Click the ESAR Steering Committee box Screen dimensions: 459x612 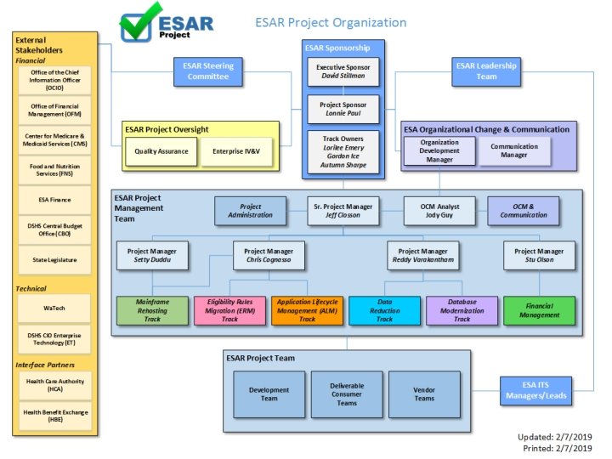(209, 71)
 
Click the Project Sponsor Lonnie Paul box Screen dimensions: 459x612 (343, 110)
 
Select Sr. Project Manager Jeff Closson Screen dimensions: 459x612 (343, 210)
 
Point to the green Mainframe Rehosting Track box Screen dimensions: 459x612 (152, 310)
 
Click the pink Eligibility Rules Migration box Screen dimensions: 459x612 (229, 310)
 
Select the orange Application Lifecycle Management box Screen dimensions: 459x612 (307, 310)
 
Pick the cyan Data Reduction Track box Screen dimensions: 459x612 (384, 310)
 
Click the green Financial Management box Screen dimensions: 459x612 (540, 310)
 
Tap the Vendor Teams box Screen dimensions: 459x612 (424, 394)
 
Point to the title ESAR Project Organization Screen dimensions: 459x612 (331, 22)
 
